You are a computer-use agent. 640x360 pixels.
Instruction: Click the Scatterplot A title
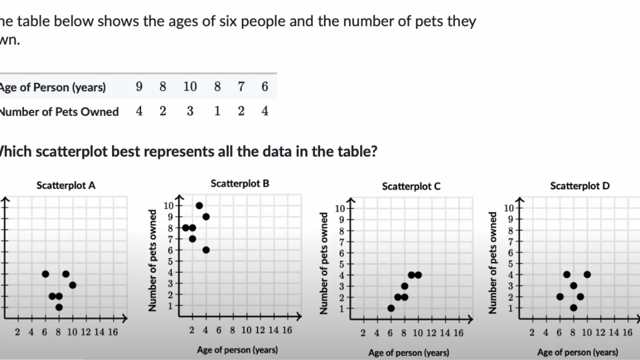pyautogui.click(x=66, y=185)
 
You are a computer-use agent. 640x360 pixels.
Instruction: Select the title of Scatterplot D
pyautogui.click(x=580, y=186)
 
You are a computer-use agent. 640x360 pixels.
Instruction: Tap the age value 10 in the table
pyautogui.click(x=190, y=87)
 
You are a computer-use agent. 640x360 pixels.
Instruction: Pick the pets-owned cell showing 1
pyautogui.click(x=217, y=111)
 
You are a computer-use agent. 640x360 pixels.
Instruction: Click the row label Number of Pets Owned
pyautogui.click(x=59, y=111)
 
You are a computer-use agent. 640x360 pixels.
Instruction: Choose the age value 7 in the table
pyautogui.click(x=241, y=87)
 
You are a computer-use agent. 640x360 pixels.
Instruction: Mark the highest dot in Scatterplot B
pyautogui.click(x=199, y=205)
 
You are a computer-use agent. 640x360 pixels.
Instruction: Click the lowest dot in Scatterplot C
pyautogui.click(x=391, y=308)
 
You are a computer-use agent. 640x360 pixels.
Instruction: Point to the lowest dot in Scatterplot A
pyautogui.click(x=59, y=307)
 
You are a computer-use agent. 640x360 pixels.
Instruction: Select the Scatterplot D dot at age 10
pyautogui.click(x=587, y=274)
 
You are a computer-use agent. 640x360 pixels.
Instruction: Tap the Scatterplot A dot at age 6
pyautogui.click(x=45, y=274)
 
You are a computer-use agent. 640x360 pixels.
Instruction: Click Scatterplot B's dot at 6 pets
pyautogui.click(x=206, y=250)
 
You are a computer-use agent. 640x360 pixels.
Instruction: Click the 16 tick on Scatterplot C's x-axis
pyautogui.click(x=458, y=333)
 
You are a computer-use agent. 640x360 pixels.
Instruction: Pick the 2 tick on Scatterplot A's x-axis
pyautogui.click(x=18, y=332)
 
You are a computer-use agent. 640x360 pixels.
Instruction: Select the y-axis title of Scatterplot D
pyautogui.click(x=493, y=263)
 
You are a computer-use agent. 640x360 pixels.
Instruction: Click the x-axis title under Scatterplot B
pyautogui.click(x=237, y=349)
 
